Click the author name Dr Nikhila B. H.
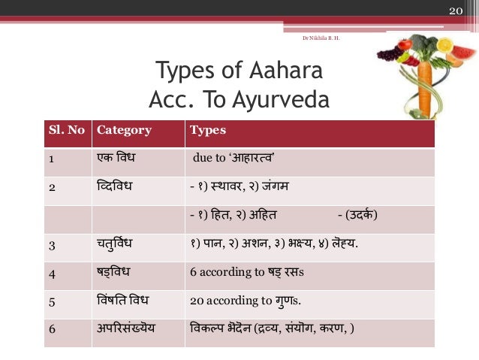[x=320, y=36]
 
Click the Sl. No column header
[x=66, y=130]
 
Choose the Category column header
[x=124, y=130]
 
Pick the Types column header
[x=208, y=130]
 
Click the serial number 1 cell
[x=51, y=159]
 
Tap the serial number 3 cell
[x=51, y=244]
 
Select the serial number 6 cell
[x=51, y=329]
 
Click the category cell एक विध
[x=119, y=159]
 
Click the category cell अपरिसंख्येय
[x=130, y=329]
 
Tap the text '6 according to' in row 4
[x=224, y=274]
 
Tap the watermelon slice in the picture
[x=463, y=55]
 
